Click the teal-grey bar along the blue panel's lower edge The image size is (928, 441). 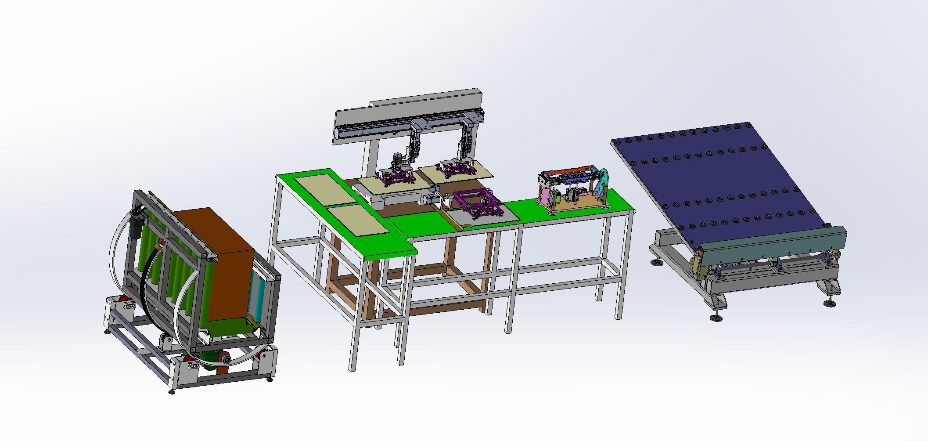tap(773, 246)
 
